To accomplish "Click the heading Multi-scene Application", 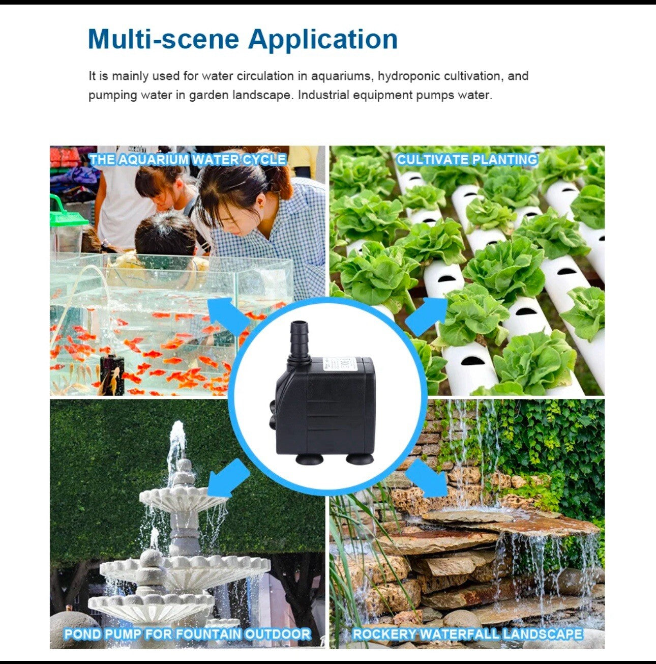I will (243, 39).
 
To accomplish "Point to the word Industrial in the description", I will (323, 95).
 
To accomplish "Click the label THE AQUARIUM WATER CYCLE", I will (187, 160).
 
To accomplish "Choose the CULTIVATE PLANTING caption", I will (467, 160).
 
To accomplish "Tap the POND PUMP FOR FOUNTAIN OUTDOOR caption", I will (187, 634).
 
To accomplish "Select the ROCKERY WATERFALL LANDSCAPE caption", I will (467, 634).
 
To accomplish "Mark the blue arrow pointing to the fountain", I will (228, 477).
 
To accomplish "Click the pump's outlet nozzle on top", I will (298, 338).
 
